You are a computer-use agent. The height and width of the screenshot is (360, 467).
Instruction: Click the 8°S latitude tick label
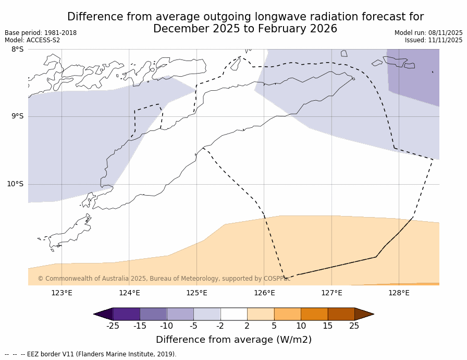point(17,50)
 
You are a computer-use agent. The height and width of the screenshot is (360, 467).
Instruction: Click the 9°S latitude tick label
point(17,116)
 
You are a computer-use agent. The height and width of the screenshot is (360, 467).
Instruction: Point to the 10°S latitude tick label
point(15,184)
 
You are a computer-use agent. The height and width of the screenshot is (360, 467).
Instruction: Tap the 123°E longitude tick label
point(62,293)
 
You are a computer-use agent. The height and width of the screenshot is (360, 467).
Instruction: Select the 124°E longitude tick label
point(129,293)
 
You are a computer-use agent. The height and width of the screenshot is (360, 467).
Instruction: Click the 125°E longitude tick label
point(196,293)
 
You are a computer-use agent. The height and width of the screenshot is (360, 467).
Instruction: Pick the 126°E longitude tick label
point(264,293)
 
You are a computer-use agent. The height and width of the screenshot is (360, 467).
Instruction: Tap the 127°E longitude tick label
point(331,293)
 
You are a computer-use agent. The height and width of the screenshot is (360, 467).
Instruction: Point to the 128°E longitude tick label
point(399,293)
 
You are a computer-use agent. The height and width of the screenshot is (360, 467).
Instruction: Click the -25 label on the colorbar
point(113,326)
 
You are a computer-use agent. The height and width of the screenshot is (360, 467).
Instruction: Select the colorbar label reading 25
point(354,326)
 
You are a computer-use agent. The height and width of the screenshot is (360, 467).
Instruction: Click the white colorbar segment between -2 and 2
point(233,314)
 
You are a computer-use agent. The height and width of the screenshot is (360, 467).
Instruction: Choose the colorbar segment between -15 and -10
point(153,314)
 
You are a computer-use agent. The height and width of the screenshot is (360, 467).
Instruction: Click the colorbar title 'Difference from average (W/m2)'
point(233,340)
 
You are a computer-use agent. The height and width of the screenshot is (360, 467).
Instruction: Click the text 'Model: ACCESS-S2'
point(32,40)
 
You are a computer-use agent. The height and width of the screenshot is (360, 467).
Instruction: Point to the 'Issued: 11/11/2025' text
point(434,40)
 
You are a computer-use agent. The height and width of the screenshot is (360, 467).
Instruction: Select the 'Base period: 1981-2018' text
point(41,33)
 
